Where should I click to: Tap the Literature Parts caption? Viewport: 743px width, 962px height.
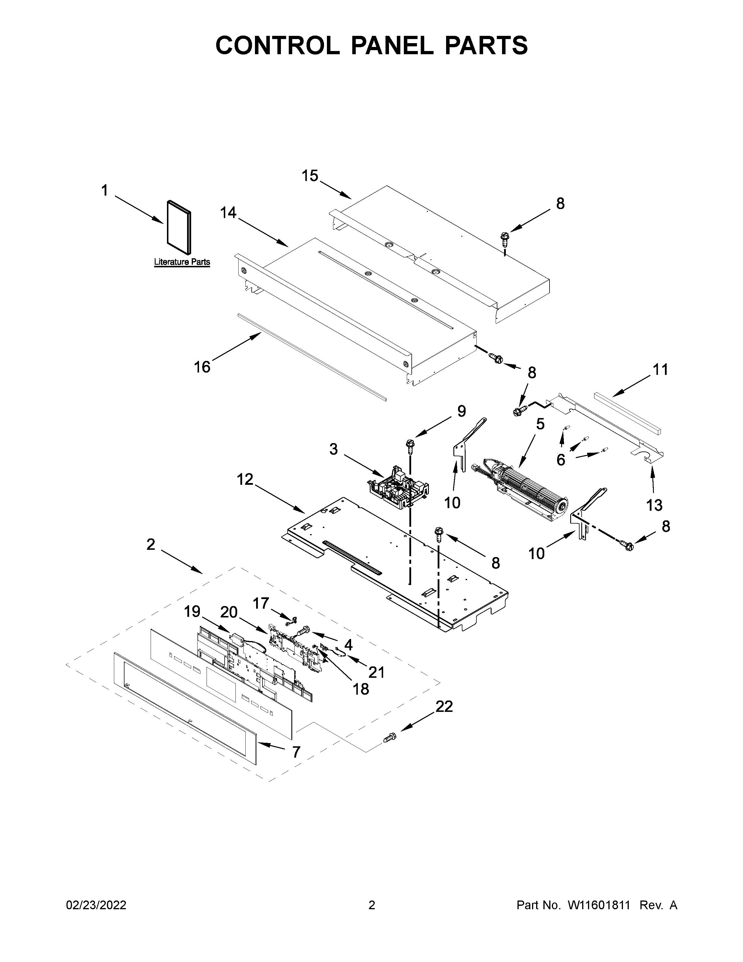(182, 262)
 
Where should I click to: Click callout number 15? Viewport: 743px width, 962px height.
(310, 176)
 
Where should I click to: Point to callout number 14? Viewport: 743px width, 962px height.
(228, 213)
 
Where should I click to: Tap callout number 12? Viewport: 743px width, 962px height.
(245, 479)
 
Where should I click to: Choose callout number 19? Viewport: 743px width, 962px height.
(192, 611)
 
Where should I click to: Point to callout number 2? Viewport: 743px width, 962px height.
(151, 545)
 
